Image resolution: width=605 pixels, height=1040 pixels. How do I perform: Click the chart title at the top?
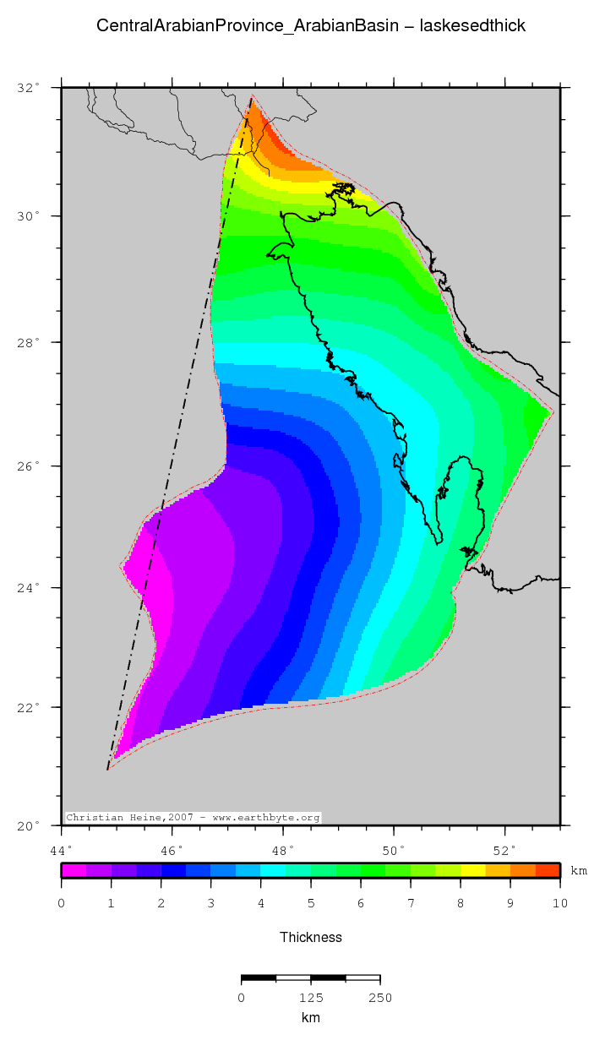[x=311, y=26]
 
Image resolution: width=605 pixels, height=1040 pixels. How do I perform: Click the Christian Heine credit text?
[x=193, y=818]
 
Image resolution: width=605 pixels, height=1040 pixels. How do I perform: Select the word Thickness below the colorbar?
[x=311, y=937]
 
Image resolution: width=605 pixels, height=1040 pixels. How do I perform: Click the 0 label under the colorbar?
[x=61, y=904]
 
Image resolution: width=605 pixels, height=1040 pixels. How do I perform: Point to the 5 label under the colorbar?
[x=311, y=904]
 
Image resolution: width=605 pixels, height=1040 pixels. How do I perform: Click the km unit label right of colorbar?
[x=579, y=871]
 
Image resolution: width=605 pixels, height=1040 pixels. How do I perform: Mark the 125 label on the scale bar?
[x=311, y=998]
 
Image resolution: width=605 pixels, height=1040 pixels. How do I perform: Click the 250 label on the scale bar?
[x=380, y=998]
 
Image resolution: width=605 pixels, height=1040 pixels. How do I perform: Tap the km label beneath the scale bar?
[x=311, y=1018]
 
